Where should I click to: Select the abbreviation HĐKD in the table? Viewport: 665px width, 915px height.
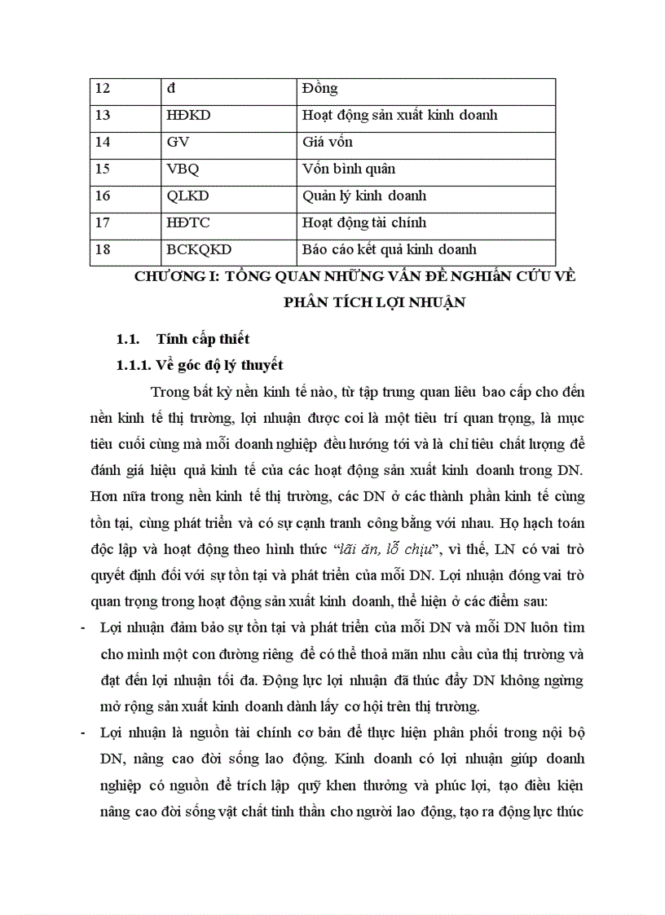tap(188, 116)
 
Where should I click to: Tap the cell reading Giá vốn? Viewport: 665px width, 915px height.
tap(327, 143)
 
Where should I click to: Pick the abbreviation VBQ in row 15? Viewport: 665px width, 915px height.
tap(183, 169)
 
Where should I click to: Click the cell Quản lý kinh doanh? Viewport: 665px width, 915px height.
tap(363, 196)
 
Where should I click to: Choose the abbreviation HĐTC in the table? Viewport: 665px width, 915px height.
tap(188, 223)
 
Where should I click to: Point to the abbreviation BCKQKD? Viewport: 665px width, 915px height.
tap(198, 250)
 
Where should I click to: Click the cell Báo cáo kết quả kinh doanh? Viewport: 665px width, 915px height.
tap(389, 250)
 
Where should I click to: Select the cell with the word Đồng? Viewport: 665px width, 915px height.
tap(319, 89)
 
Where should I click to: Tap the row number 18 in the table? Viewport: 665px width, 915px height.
tap(103, 250)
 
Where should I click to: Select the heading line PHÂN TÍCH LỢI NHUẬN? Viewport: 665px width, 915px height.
tap(374, 303)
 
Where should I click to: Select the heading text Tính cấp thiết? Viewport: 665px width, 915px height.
tap(203, 340)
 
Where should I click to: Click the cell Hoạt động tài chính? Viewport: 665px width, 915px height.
tap(363, 223)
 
